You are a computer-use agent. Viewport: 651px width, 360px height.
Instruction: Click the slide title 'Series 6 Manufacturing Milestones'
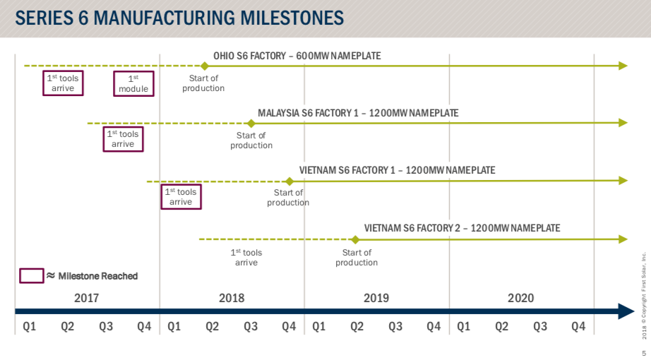point(180,18)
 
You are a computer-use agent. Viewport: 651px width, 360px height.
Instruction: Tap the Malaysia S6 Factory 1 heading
point(358,113)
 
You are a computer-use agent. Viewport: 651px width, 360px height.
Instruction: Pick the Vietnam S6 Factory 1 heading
point(397,170)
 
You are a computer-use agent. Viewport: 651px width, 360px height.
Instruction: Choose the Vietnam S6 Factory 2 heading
point(462,228)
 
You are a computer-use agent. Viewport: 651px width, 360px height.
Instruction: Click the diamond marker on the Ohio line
point(203,66)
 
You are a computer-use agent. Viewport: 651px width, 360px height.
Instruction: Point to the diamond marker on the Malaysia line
point(251,123)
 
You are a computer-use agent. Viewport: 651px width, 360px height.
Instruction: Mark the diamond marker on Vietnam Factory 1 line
point(289,181)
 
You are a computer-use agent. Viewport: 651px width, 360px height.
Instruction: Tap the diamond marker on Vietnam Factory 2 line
point(355,239)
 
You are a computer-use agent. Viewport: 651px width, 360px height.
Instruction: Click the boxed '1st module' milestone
point(133,83)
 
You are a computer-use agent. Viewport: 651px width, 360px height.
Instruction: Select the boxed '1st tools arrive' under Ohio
point(63,83)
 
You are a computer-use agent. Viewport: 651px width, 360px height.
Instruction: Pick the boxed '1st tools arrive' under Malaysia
point(123,139)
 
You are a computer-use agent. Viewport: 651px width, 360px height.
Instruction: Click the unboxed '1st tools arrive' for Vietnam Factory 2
point(246,258)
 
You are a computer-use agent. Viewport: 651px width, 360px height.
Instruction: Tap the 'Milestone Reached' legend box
point(31,276)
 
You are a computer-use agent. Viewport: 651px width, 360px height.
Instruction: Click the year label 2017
point(87,298)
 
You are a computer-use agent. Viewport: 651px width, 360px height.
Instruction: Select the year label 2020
point(520,298)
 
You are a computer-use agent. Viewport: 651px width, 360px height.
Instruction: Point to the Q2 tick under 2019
point(357,326)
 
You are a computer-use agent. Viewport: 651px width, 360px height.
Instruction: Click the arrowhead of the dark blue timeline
point(627,311)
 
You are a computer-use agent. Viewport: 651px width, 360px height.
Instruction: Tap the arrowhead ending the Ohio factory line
point(623,66)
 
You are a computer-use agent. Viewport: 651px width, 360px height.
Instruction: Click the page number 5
point(643,353)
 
